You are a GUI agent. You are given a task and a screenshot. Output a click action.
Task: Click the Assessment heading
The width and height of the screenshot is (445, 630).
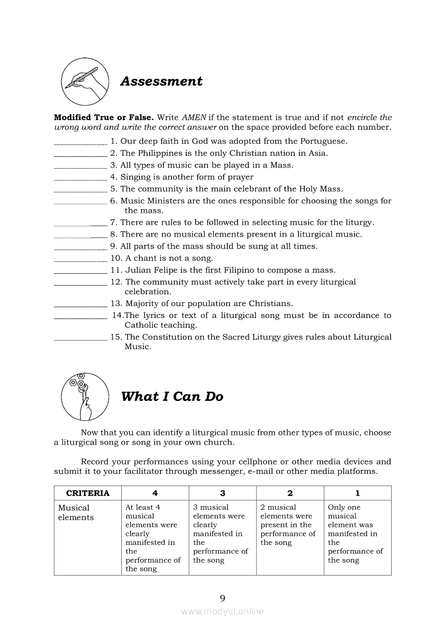tap(161, 81)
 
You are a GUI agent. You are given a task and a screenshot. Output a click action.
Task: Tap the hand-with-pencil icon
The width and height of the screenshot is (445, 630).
tap(82, 81)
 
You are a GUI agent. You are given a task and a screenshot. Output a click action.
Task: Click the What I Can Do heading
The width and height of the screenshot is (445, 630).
tap(172, 397)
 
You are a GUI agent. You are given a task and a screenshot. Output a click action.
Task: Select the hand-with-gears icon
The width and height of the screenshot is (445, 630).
tap(82, 397)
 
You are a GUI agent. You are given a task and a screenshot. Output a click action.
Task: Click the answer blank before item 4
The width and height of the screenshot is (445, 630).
tap(80, 178)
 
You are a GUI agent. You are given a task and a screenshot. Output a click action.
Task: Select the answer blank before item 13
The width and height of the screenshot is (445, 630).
tap(80, 304)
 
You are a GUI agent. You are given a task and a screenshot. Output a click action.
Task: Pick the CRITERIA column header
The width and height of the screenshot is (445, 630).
tap(88, 493)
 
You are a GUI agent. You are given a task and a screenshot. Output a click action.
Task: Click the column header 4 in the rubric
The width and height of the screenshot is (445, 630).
tap(155, 493)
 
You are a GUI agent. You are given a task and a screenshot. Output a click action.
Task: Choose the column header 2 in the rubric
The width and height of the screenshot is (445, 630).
tap(290, 493)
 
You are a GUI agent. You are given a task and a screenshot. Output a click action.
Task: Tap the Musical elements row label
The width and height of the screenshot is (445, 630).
tap(75, 513)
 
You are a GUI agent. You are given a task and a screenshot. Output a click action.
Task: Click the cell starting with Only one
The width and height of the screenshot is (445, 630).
tap(355, 534)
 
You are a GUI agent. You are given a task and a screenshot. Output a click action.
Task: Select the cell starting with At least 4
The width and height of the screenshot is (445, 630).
tap(152, 538)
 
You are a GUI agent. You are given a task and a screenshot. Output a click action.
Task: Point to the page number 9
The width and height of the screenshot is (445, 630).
tap(222, 598)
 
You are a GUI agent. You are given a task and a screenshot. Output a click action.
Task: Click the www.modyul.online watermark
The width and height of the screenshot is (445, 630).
tap(222, 612)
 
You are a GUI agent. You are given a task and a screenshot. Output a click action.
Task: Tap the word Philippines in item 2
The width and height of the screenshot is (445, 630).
tap(159, 153)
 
